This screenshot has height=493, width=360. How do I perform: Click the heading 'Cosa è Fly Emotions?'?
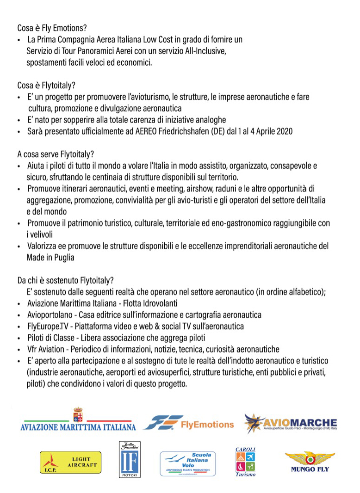[52, 27]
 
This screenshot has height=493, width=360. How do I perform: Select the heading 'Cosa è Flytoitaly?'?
[46, 86]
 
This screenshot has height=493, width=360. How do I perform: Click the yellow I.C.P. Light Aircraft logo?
[70, 462]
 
